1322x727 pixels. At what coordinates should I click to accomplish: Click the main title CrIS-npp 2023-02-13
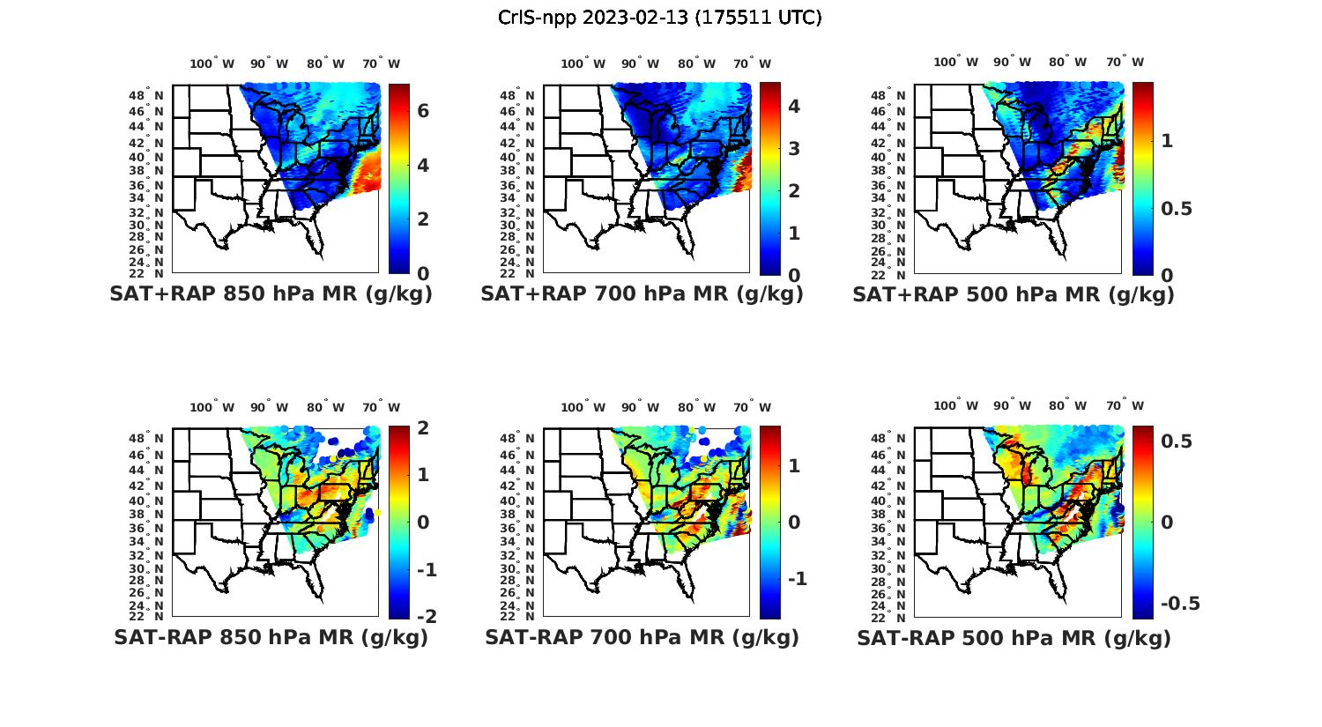[x=659, y=18]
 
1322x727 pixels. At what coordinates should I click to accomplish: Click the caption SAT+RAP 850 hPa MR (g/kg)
[x=271, y=294]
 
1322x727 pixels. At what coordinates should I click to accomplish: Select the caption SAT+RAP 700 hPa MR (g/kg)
[x=642, y=294]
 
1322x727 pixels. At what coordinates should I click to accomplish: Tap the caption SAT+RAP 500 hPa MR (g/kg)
[x=1014, y=294]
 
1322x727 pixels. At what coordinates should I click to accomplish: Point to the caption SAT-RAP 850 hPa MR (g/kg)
[x=271, y=637]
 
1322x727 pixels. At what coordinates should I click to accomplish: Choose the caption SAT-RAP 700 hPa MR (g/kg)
[x=642, y=637]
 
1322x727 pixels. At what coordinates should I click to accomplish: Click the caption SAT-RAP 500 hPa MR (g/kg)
[x=1014, y=637]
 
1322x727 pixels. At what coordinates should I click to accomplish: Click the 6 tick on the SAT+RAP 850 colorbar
[x=423, y=111]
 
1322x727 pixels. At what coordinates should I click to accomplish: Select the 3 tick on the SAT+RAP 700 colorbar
[x=794, y=148]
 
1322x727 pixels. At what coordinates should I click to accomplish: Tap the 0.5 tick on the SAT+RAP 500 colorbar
[x=1176, y=208]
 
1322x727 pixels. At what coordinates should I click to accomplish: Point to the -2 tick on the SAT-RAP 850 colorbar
[x=425, y=616]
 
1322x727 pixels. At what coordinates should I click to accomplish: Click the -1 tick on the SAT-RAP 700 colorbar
[x=797, y=578]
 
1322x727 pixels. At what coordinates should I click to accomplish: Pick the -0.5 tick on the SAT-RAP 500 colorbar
[x=1180, y=603]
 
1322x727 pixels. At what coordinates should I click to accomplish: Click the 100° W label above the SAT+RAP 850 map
[x=212, y=63]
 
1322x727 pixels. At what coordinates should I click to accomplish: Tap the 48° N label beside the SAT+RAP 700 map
[x=516, y=95]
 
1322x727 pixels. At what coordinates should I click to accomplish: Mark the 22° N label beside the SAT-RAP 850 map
[x=145, y=615]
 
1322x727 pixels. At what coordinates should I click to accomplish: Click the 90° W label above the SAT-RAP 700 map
[x=640, y=407]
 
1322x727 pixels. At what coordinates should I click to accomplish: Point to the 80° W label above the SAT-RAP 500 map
[x=1067, y=405]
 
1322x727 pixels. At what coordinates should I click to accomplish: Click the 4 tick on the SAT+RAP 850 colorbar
[x=423, y=165]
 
